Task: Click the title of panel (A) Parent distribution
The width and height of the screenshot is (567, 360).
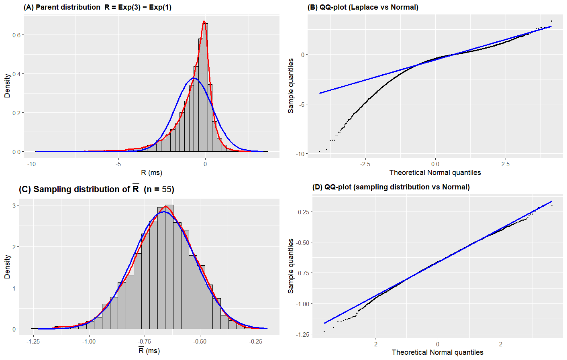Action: [x=98, y=7]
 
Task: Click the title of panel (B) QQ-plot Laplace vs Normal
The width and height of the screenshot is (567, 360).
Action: [x=363, y=7]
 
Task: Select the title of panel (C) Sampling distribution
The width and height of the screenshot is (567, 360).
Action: [x=96, y=189]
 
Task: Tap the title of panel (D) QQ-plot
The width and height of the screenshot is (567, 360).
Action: [x=391, y=187]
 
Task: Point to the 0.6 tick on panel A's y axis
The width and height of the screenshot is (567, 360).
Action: [x=16, y=35]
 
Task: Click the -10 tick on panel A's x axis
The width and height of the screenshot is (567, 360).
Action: [x=31, y=164]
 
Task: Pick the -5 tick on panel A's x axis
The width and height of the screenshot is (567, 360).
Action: [x=118, y=164]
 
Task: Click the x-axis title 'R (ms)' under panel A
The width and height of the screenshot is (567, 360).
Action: [x=151, y=173]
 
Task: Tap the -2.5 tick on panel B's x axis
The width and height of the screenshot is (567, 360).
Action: [x=365, y=164]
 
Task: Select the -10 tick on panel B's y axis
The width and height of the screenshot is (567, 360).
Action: [x=300, y=154]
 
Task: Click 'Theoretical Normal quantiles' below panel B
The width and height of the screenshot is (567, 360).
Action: [x=435, y=173]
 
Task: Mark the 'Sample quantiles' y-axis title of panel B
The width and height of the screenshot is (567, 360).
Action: [x=291, y=85]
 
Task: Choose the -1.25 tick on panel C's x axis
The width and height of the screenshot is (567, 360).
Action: [x=33, y=342]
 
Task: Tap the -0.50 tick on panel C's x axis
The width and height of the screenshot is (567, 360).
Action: [x=200, y=342]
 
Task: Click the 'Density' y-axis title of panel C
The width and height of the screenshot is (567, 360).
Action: [x=7, y=266]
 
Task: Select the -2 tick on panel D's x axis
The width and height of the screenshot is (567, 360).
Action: [x=375, y=344]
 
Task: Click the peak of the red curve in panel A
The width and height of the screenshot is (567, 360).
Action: [x=204, y=21]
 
